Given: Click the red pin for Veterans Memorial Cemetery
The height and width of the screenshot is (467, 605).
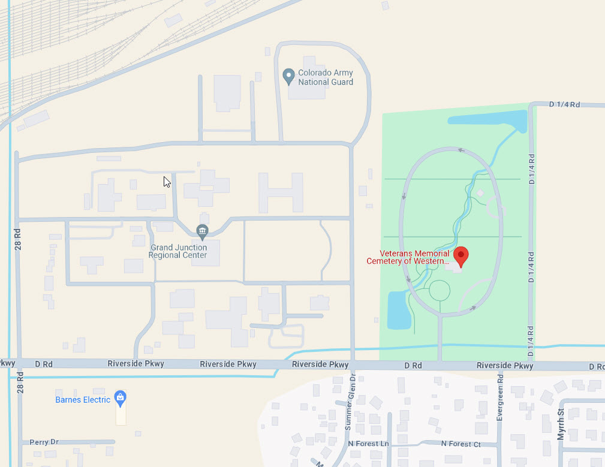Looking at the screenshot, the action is [460, 255].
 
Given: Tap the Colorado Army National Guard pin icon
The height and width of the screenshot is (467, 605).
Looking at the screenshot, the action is [288, 76].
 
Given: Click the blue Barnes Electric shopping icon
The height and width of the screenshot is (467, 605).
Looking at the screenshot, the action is [121, 397].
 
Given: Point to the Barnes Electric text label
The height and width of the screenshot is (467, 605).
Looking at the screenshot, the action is [83, 400].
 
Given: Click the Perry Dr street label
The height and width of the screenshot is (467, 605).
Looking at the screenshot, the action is [44, 442].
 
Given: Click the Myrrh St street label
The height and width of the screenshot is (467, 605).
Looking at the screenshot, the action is [561, 424].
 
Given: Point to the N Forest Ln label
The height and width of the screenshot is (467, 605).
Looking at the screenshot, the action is [368, 444].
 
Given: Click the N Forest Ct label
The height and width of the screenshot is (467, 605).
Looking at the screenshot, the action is [460, 444].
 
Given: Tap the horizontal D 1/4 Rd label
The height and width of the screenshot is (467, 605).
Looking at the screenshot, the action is [564, 104].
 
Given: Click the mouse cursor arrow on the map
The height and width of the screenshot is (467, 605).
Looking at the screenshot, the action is [167, 181].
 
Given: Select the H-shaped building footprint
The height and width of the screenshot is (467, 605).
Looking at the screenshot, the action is [280, 192].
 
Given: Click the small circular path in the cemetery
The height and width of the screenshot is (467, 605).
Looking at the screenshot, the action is [440, 291].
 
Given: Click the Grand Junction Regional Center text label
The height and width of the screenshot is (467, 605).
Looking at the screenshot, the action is [178, 251].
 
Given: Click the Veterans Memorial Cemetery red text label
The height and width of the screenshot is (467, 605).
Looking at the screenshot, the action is [408, 257].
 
